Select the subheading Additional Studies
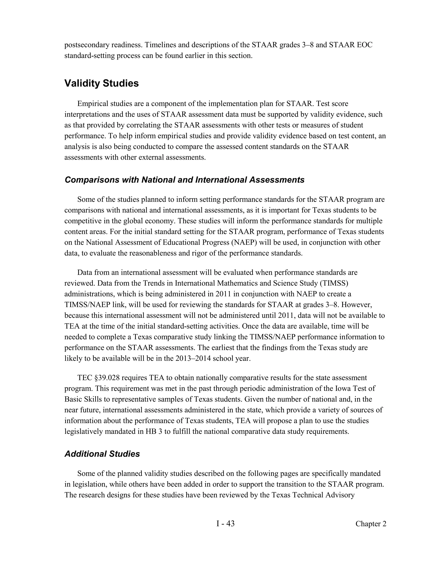[x=102, y=454]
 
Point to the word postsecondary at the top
[x=87, y=45]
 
